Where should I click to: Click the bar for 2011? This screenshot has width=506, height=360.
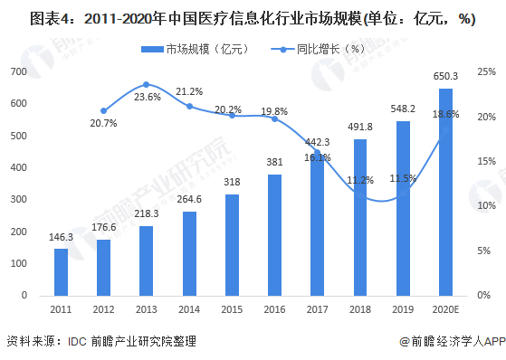[x=61, y=272]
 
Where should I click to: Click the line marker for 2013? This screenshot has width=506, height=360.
[x=146, y=84]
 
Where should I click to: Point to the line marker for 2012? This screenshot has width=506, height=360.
[x=103, y=111]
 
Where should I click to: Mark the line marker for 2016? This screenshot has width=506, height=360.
[x=274, y=118]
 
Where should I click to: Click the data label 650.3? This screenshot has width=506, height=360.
[x=445, y=76]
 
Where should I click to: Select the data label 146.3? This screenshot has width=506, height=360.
[x=61, y=236]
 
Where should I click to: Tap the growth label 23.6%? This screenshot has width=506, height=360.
[x=146, y=97]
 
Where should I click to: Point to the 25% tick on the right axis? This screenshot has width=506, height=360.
[x=486, y=71]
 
